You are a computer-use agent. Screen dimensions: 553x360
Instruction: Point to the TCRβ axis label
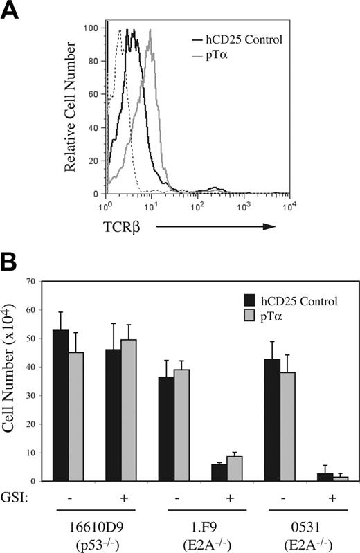point(125,224)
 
